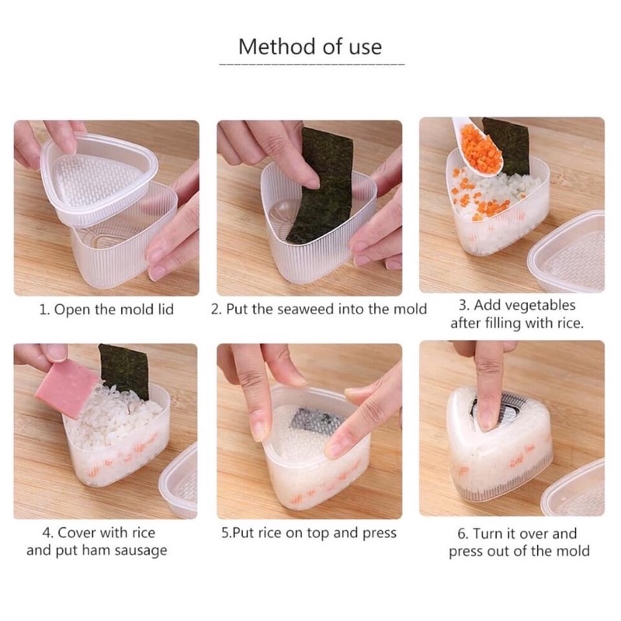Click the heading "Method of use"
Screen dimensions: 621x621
[x=310, y=47]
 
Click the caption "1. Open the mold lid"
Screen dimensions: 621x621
[x=106, y=309]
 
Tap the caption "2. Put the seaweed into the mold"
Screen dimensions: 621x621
[x=319, y=309]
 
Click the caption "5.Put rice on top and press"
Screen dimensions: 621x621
[x=309, y=533]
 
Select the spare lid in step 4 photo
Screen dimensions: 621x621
[x=180, y=481]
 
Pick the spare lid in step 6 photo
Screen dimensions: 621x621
[x=575, y=489]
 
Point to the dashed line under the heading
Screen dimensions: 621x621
[x=312, y=64]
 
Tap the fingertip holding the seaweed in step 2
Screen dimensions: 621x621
[x=309, y=179]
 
